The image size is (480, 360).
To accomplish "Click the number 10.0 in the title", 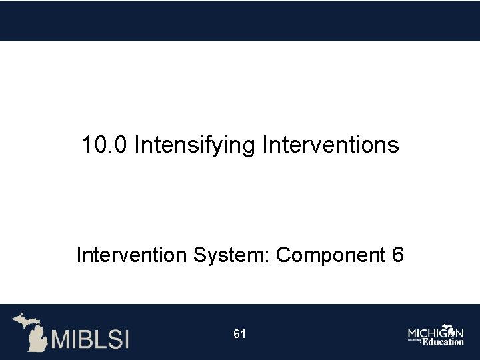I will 105,145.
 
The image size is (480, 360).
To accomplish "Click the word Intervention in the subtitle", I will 133,255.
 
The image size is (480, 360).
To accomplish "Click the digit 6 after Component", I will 397,255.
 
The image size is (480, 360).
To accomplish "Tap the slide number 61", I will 240,334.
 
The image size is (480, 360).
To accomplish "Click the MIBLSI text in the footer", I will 90,339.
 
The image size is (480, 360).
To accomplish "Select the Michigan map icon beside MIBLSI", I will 31,331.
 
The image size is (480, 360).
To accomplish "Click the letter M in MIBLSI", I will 61,339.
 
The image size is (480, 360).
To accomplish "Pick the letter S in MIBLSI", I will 111,339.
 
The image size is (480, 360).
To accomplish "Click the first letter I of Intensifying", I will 137,145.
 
